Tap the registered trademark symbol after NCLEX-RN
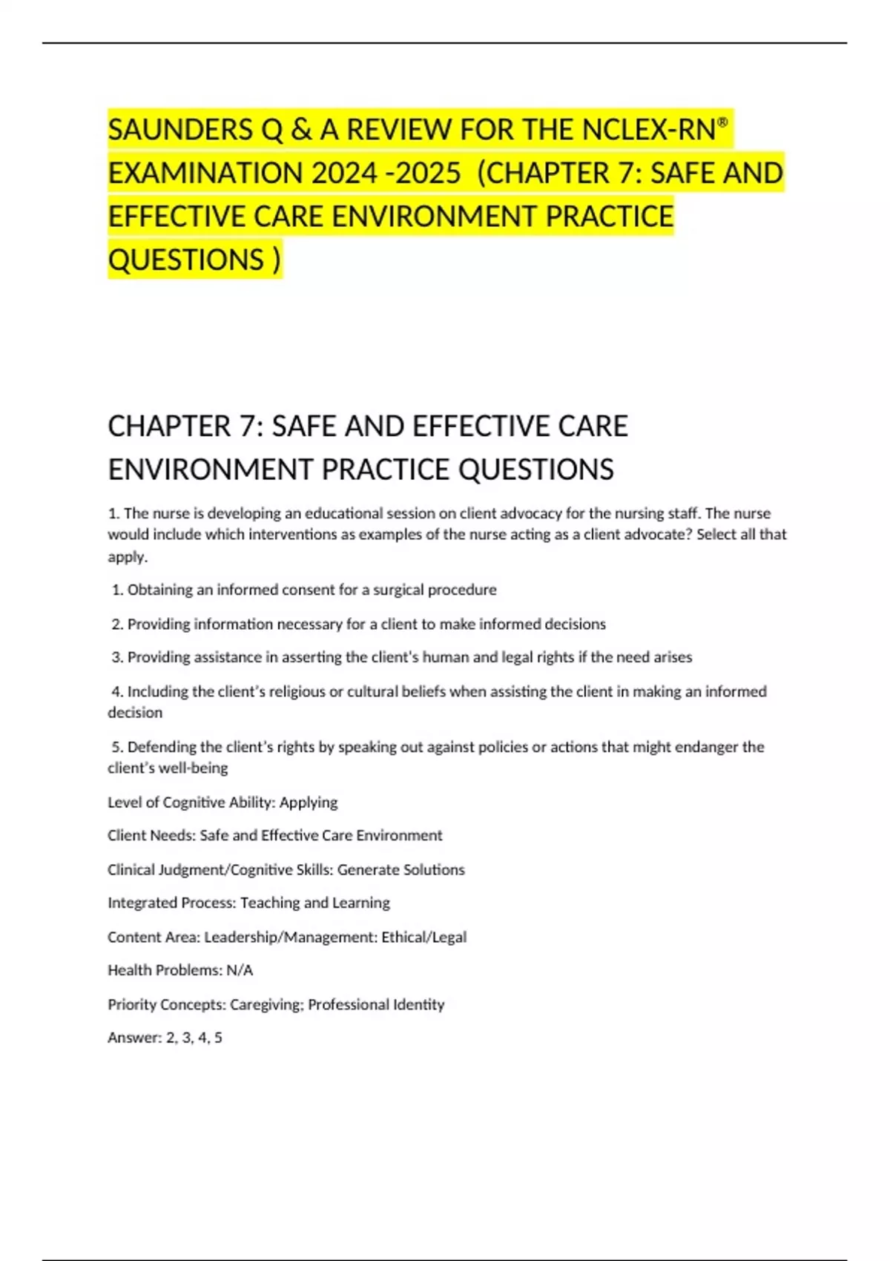723,121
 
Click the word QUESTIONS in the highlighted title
186,260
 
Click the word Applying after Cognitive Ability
308,803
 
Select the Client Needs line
274,835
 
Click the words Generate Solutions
401,869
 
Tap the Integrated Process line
248,903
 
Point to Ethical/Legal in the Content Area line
423,937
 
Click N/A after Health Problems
240,970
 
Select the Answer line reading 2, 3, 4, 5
165,1038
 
